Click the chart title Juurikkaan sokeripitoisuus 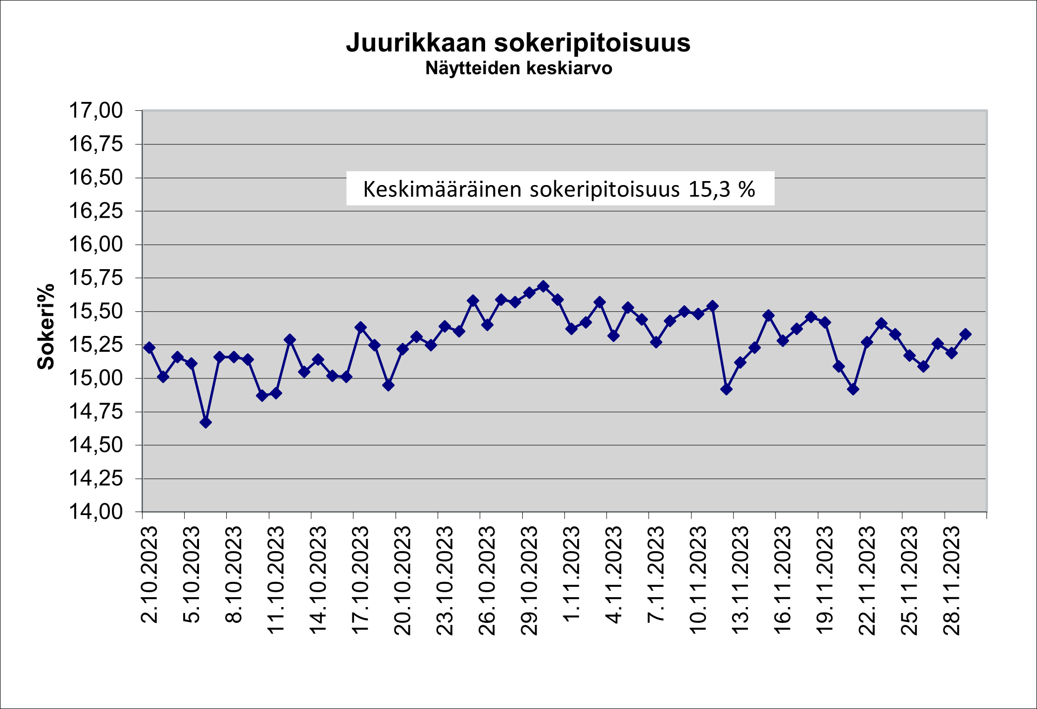coord(518,43)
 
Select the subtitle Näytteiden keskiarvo coord(519,68)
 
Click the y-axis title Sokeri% coord(46,327)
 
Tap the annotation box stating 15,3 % coord(560,189)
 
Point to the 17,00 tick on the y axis coord(96,110)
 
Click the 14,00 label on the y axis coord(96,512)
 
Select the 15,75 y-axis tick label coord(96,278)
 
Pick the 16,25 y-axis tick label coord(96,211)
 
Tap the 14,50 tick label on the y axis coord(96,445)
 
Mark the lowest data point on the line coord(206,422)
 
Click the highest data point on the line coord(543,286)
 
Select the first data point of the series coord(149,347)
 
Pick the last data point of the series coord(965,334)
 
